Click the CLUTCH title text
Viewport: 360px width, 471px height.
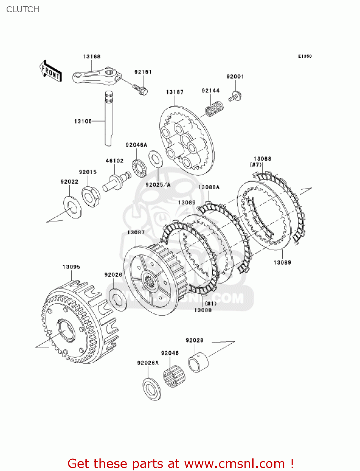point(23,9)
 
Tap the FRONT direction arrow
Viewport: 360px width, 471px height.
point(51,71)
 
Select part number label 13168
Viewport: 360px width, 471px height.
point(91,57)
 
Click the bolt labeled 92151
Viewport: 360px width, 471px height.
point(140,89)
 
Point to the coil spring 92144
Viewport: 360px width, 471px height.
point(214,108)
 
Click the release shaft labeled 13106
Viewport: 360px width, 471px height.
point(108,119)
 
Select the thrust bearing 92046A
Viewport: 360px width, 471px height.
point(139,168)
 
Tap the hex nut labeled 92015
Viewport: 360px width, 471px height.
point(91,197)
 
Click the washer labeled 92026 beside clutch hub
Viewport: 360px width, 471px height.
point(117,299)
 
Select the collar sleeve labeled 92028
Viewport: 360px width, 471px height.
point(198,363)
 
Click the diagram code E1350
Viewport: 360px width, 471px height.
point(305,56)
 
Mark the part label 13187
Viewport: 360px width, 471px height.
point(175,92)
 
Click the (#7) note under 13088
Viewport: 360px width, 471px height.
point(255,165)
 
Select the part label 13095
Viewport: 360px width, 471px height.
point(71,267)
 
